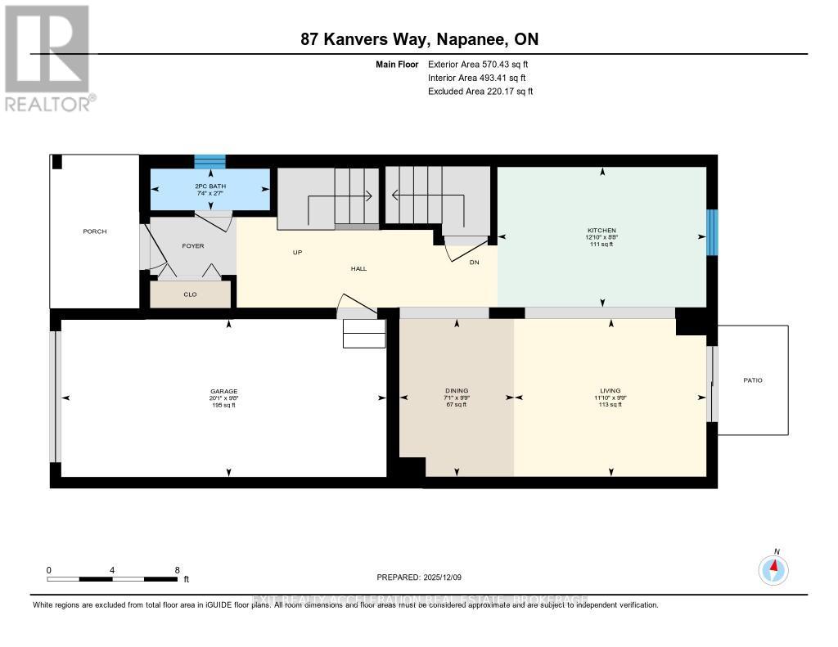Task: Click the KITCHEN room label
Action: (x=601, y=231)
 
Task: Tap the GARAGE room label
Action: (x=223, y=391)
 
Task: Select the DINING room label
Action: (x=457, y=391)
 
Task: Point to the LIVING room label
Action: (x=610, y=391)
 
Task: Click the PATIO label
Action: (x=752, y=380)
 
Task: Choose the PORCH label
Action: (x=95, y=231)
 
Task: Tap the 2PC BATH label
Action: (x=210, y=186)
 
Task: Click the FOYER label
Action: (x=192, y=245)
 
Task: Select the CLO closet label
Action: (x=190, y=294)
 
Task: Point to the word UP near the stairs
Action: (x=298, y=253)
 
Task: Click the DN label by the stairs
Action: (x=474, y=263)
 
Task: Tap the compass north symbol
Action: (x=773, y=568)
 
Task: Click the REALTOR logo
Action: (x=47, y=57)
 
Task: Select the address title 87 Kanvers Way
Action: (x=418, y=39)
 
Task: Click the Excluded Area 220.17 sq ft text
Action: (x=480, y=92)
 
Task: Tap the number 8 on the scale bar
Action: (x=177, y=569)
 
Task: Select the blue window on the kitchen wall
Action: (x=711, y=232)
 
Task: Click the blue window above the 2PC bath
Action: (x=210, y=161)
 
